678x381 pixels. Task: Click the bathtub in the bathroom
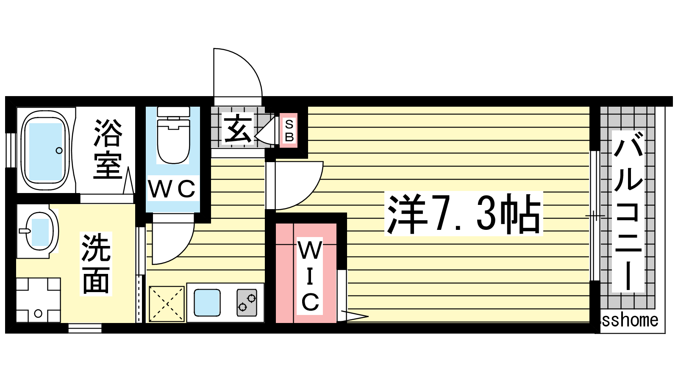[44, 150]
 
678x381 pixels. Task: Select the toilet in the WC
[173, 140]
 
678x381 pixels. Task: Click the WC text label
[172, 189]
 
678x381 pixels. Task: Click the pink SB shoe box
[289, 131]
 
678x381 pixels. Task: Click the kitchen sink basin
[207, 303]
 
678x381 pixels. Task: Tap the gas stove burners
[247, 303]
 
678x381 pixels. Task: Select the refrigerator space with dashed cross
[167, 304]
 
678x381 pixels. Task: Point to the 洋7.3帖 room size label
[464, 214]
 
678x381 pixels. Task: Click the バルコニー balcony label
[628, 212]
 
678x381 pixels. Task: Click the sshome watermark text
[630, 320]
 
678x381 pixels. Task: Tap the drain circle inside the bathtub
[59, 150]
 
